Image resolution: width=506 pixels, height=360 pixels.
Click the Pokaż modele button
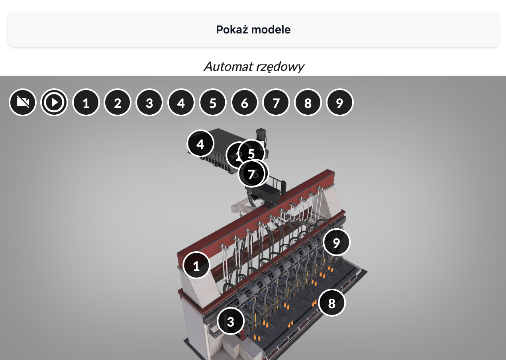[253, 29]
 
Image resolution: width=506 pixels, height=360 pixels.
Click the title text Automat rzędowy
[254, 66]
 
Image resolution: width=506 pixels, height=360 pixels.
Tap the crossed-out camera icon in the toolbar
[23, 103]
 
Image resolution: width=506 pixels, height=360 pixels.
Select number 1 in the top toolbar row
[86, 103]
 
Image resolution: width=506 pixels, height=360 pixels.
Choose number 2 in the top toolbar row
[118, 103]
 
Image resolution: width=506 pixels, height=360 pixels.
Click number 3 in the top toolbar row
[149, 103]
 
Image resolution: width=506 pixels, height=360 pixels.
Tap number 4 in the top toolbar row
[181, 103]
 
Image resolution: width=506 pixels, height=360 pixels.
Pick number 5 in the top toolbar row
[213, 103]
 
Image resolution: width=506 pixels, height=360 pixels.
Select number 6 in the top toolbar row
[245, 103]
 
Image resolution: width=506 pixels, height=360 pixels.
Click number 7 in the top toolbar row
[276, 103]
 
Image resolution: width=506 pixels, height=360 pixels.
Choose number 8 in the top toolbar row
[308, 103]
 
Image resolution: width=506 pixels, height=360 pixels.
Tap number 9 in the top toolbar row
[339, 103]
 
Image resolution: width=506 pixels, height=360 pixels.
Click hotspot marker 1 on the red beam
[196, 266]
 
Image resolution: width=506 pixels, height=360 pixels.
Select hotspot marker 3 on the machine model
[231, 321]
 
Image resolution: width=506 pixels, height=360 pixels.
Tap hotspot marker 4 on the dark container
[200, 144]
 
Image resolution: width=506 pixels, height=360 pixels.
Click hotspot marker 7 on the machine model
[251, 174]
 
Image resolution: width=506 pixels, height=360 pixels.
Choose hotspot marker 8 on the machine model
[332, 303]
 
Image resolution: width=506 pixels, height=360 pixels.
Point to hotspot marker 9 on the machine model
[337, 242]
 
